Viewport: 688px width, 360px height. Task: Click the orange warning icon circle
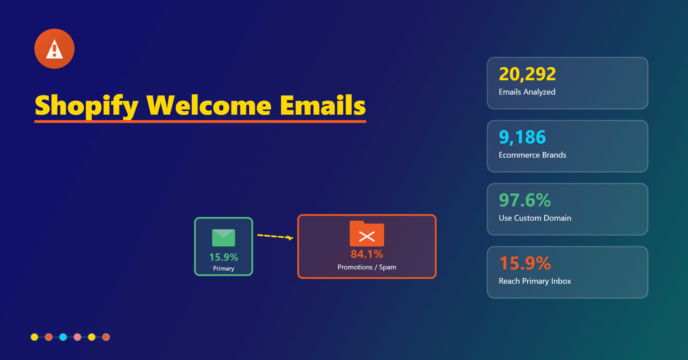click(54, 49)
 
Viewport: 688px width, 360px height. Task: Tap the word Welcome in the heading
click(209, 105)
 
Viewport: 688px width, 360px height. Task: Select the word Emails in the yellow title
click(323, 105)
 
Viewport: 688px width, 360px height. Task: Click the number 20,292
click(527, 74)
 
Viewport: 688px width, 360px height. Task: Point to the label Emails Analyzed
click(527, 92)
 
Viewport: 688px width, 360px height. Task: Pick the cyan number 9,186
click(522, 137)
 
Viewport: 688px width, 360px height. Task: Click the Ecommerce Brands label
click(532, 155)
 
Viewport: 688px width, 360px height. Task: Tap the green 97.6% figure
click(525, 200)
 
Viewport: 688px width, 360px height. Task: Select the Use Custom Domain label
click(535, 218)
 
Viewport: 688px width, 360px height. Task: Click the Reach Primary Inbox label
click(535, 281)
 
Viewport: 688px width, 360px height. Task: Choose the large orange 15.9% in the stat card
click(525, 263)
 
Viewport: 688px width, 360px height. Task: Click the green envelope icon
click(224, 238)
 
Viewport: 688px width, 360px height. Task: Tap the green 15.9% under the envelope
click(224, 257)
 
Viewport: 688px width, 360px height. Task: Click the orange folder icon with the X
click(367, 234)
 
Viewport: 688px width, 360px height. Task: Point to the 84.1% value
click(367, 254)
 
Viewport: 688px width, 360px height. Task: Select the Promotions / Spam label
click(367, 267)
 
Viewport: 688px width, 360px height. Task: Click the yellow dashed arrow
click(275, 236)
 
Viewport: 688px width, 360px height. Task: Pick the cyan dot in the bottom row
click(63, 337)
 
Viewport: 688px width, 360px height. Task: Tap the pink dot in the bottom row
click(77, 337)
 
